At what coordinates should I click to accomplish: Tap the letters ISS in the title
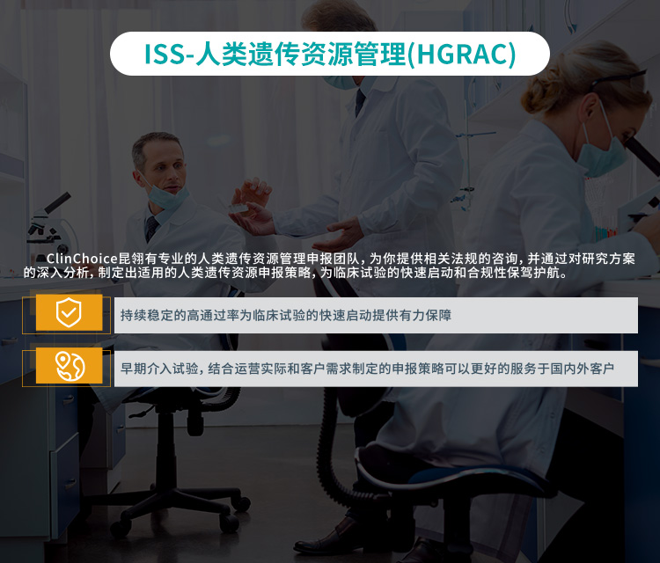coord(165,54)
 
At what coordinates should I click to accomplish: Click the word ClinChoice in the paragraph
coord(82,259)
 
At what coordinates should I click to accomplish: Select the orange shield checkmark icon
coord(69,312)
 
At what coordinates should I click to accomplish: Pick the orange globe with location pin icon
coord(69,366)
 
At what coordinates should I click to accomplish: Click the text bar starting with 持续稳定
coord(376,315)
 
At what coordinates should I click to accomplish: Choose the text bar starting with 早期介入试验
coord(376,369)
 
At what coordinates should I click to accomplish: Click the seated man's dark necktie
coord(151,228)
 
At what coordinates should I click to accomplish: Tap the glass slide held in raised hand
coord(238,208)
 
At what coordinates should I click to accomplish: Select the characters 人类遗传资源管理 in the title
coord(302,54)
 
